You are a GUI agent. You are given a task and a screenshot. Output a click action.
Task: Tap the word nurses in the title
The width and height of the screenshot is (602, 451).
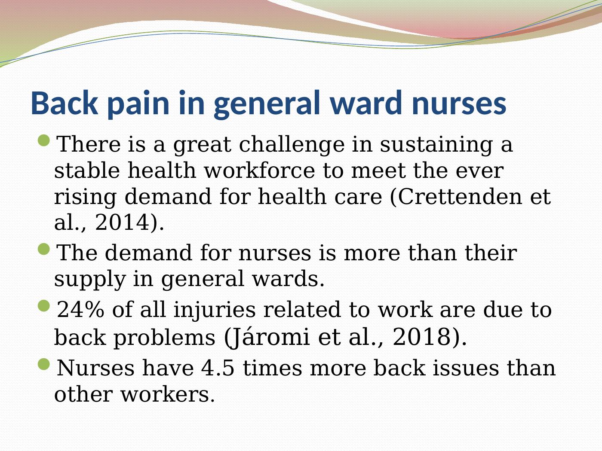pyautogui.click(x=459, y=104)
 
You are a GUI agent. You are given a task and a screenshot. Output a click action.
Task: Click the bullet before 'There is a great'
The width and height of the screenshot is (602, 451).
pyautogui.click(x=44, y=140)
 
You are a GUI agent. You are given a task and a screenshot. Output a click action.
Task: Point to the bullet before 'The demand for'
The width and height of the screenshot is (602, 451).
pyautogui.click(x=44, y=249)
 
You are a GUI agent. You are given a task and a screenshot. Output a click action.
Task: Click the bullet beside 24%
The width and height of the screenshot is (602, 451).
pyautogui.click(x=44, y=306)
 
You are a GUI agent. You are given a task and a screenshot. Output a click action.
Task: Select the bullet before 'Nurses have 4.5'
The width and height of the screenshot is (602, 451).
pyautogui.click(x=44, y=365)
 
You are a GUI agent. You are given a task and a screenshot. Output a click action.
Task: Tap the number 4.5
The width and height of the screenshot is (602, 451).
pyautogui.click(x=218, y=368)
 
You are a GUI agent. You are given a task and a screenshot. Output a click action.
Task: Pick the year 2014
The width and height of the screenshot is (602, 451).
pyautogui.click(x=122, y=222)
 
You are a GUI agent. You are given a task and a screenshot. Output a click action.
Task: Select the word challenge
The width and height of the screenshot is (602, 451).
pyautogui.click(x=292, y=144)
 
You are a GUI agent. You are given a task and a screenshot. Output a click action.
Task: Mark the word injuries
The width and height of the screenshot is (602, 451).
pyautogui.click(x=213, y=310)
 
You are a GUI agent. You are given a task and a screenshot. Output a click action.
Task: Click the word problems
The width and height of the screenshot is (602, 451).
pyautogui.click(x=164, y=337)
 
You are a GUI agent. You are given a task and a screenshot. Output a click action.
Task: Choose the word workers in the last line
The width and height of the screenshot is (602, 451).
pyautogui.click(x=167, y=394)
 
